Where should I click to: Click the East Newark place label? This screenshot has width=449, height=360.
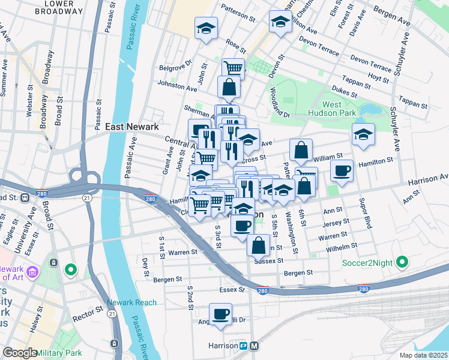pyautogui.click(x=132, y=127)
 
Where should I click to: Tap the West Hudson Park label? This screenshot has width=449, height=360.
pyautogui.click(x=332, y=109)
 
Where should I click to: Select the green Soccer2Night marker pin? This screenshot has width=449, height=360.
pyautogui.click(x=403, y=262)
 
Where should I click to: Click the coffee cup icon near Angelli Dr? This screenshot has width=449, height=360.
pyautogui.click(x=220, y=314)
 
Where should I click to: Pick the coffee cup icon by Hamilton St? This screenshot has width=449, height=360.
pyautogui.click(x=342, y=170)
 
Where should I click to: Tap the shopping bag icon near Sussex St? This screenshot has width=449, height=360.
pyautogui.click(x=258, y=245)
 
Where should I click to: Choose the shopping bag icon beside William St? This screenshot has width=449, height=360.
pyautogui.click(x=301, y=150)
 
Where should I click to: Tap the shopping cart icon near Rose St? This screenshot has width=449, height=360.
pyautogui.click(x=233, y=68)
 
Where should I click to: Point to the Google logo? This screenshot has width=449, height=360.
pyautogui.click(x=20, y=352)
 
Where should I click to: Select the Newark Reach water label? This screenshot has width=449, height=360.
pyautogui.click(x=131, y=302)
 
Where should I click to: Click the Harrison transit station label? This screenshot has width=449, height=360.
pyautogui.click(x=223, y=346)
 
